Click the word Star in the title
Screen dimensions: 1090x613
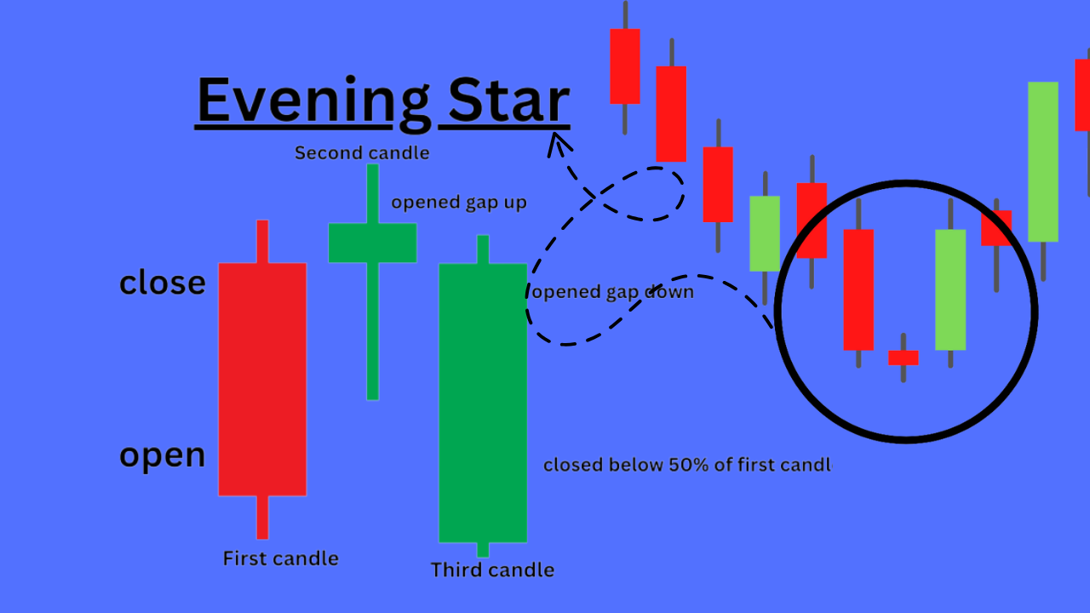tap(508, 100)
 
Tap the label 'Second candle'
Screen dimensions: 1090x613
tap(362, 152)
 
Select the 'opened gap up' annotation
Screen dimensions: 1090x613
tap(459, 203)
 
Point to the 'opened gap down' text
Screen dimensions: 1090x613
tap(613, 292)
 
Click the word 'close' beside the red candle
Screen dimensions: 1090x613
tap(163, 283)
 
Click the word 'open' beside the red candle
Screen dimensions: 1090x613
tap(163, 456)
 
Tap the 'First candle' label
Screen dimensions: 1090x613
tap(281, 559)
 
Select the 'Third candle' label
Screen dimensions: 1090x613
tap(492, 570)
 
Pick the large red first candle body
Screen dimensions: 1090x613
tap(262, 380)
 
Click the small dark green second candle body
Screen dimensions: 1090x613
tap(373, 243)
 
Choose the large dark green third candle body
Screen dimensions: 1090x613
tap(483, 403)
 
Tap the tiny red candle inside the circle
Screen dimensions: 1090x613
tap(904, 358)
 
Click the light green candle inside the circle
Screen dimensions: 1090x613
tap(950, 289)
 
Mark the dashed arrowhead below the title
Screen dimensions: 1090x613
tap(559, 145)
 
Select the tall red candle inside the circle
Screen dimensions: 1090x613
tap(858, 289)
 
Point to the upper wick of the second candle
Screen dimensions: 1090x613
tap(373, 193)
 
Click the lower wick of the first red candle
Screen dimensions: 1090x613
tap(262, 517)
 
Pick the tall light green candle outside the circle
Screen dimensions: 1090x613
tap(1043, 162)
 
